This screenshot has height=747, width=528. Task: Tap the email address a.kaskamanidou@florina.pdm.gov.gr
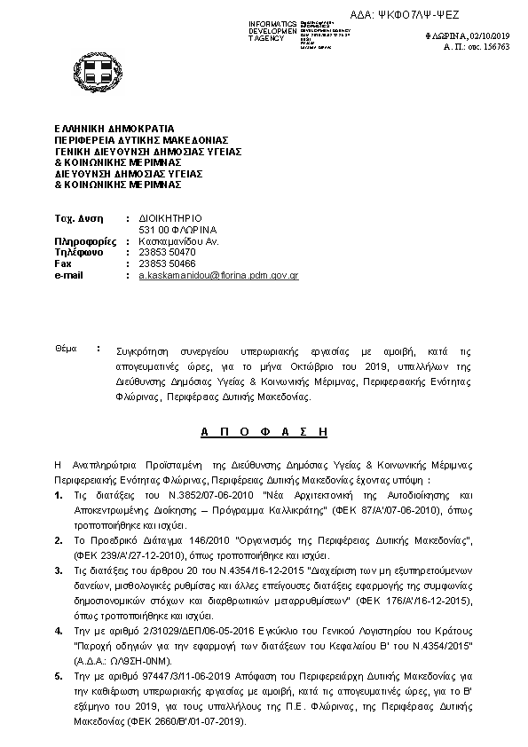217,276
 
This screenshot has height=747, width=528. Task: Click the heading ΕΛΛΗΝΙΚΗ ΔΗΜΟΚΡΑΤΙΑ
114,129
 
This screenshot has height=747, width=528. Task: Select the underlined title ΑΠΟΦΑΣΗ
264,432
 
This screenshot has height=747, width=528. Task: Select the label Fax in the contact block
63,263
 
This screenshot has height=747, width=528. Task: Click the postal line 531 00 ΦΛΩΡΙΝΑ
178,229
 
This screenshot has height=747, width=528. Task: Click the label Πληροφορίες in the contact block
85,240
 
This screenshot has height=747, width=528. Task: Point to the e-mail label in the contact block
69,276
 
